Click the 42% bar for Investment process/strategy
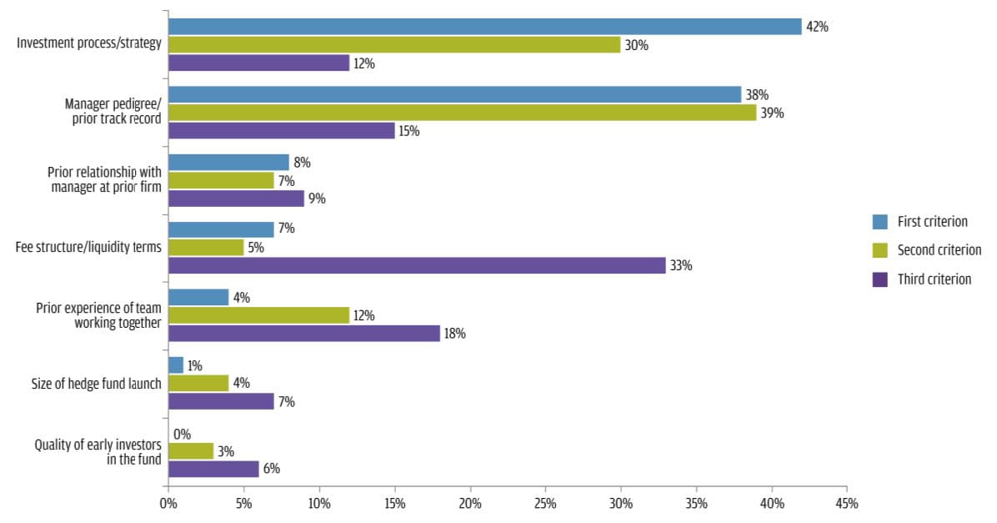484,27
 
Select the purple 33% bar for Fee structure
417,265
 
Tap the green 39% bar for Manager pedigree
462,113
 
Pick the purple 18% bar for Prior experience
304,334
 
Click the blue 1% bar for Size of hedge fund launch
176,365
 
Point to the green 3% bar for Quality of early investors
191,451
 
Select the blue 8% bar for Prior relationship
228,162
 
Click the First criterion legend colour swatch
879,221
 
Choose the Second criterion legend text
939,250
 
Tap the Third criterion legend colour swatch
879,279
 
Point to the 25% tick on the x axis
545,488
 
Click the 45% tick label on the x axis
847,504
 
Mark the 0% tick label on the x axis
168,504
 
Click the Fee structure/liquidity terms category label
88,247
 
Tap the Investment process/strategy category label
89,43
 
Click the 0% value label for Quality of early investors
183,434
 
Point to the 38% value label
757,95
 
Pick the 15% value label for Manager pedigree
409,132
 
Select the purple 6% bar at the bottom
213,469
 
